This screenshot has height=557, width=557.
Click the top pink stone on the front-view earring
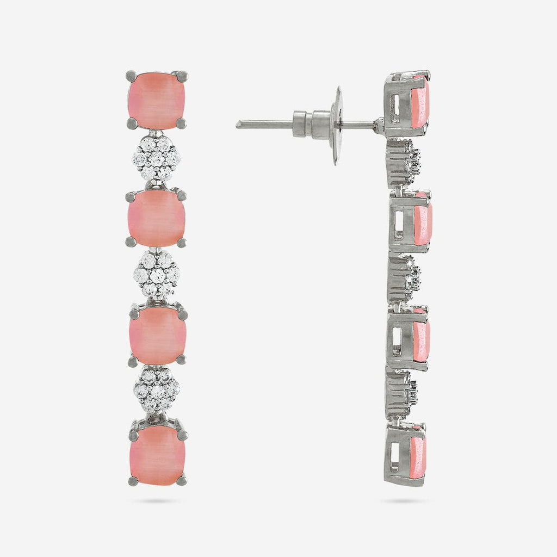coord(157,100)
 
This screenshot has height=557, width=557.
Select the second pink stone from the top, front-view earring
coord(157,218)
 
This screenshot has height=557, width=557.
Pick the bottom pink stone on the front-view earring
coord(158,454)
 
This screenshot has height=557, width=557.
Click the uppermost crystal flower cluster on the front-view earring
coord(157,158)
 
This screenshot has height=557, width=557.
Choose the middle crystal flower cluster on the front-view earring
coord(157,275)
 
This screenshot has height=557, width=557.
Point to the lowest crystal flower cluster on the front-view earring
coord(157,390)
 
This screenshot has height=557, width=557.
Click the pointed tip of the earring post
coord(238,124)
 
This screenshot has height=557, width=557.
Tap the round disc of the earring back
coord(337,126)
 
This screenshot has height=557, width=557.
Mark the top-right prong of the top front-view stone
coord(182,76)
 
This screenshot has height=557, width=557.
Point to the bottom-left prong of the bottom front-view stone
coord(133,481)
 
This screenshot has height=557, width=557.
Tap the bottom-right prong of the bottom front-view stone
coord(182,480)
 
